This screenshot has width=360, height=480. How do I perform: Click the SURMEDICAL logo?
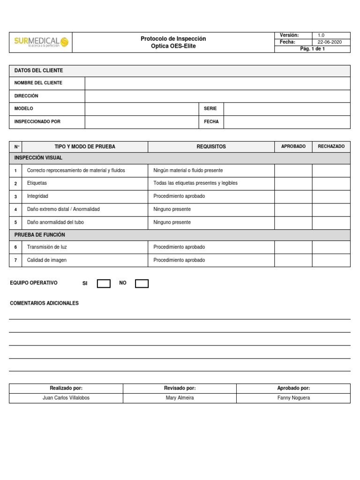click(41, 42)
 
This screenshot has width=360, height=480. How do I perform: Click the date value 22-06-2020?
click(330, 42)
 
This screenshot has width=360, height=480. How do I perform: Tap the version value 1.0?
click(321, 35)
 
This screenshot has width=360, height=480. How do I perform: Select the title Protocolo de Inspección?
click(173, 38)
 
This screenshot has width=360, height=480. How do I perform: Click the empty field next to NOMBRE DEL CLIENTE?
click(217, 83)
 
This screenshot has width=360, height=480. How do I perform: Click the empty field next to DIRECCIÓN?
click(217, 96)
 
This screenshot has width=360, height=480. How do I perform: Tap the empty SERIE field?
click(286, 109)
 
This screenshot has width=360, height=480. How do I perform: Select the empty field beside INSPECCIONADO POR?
click(142, 122)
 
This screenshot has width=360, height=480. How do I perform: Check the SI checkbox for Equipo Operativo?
click(104, 284)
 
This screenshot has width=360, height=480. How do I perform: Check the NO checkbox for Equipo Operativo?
click(142, 284)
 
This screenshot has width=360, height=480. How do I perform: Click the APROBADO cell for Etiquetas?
click(293, 183)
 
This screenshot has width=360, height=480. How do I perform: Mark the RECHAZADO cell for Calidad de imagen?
click(331, 260)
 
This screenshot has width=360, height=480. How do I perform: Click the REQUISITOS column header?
click(211, 147)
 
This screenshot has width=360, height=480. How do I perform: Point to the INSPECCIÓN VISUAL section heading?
click(38, 158)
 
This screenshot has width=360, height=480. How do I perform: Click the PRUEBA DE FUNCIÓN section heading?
click(40, 235)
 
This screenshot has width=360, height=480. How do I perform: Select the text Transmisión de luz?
click(50, 247)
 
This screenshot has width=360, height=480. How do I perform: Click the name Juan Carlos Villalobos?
click(66, 398)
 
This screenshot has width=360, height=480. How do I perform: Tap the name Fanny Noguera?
click(293, 398)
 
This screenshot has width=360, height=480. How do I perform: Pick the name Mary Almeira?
click(180, 398)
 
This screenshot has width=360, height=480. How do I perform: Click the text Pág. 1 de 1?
click(312, 49)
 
